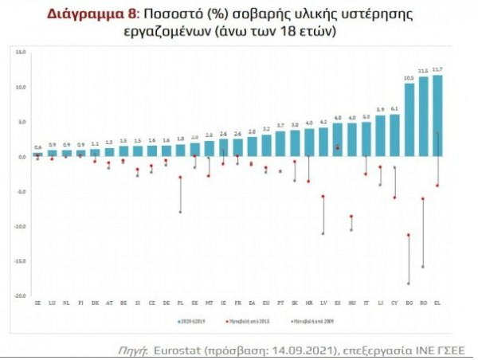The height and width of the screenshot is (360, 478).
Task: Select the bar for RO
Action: pyautogui.click(x=423, y=117)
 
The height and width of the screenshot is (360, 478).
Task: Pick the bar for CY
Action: pyautogui.click(x=394, y=135)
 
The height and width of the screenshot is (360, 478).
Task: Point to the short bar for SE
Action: pyautogui.click(x=37, y=155)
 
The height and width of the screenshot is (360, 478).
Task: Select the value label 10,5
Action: pyautogui.click(x=409, y=79)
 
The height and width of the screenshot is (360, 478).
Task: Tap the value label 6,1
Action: pyautogui.click(x=394, y=109)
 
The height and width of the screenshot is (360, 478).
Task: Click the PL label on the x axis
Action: pyautogui.click(x=180, y=303)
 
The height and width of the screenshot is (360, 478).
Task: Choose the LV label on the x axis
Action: pyautogui.click(x=323, y=303)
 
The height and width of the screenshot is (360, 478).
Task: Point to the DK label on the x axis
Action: pyautogui.click(x=95, y=303)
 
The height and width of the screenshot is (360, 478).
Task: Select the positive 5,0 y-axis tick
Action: pyautogui.click(x=22, y=121)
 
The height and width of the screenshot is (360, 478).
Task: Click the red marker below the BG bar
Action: pyautogui.click(x=409, y=235)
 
